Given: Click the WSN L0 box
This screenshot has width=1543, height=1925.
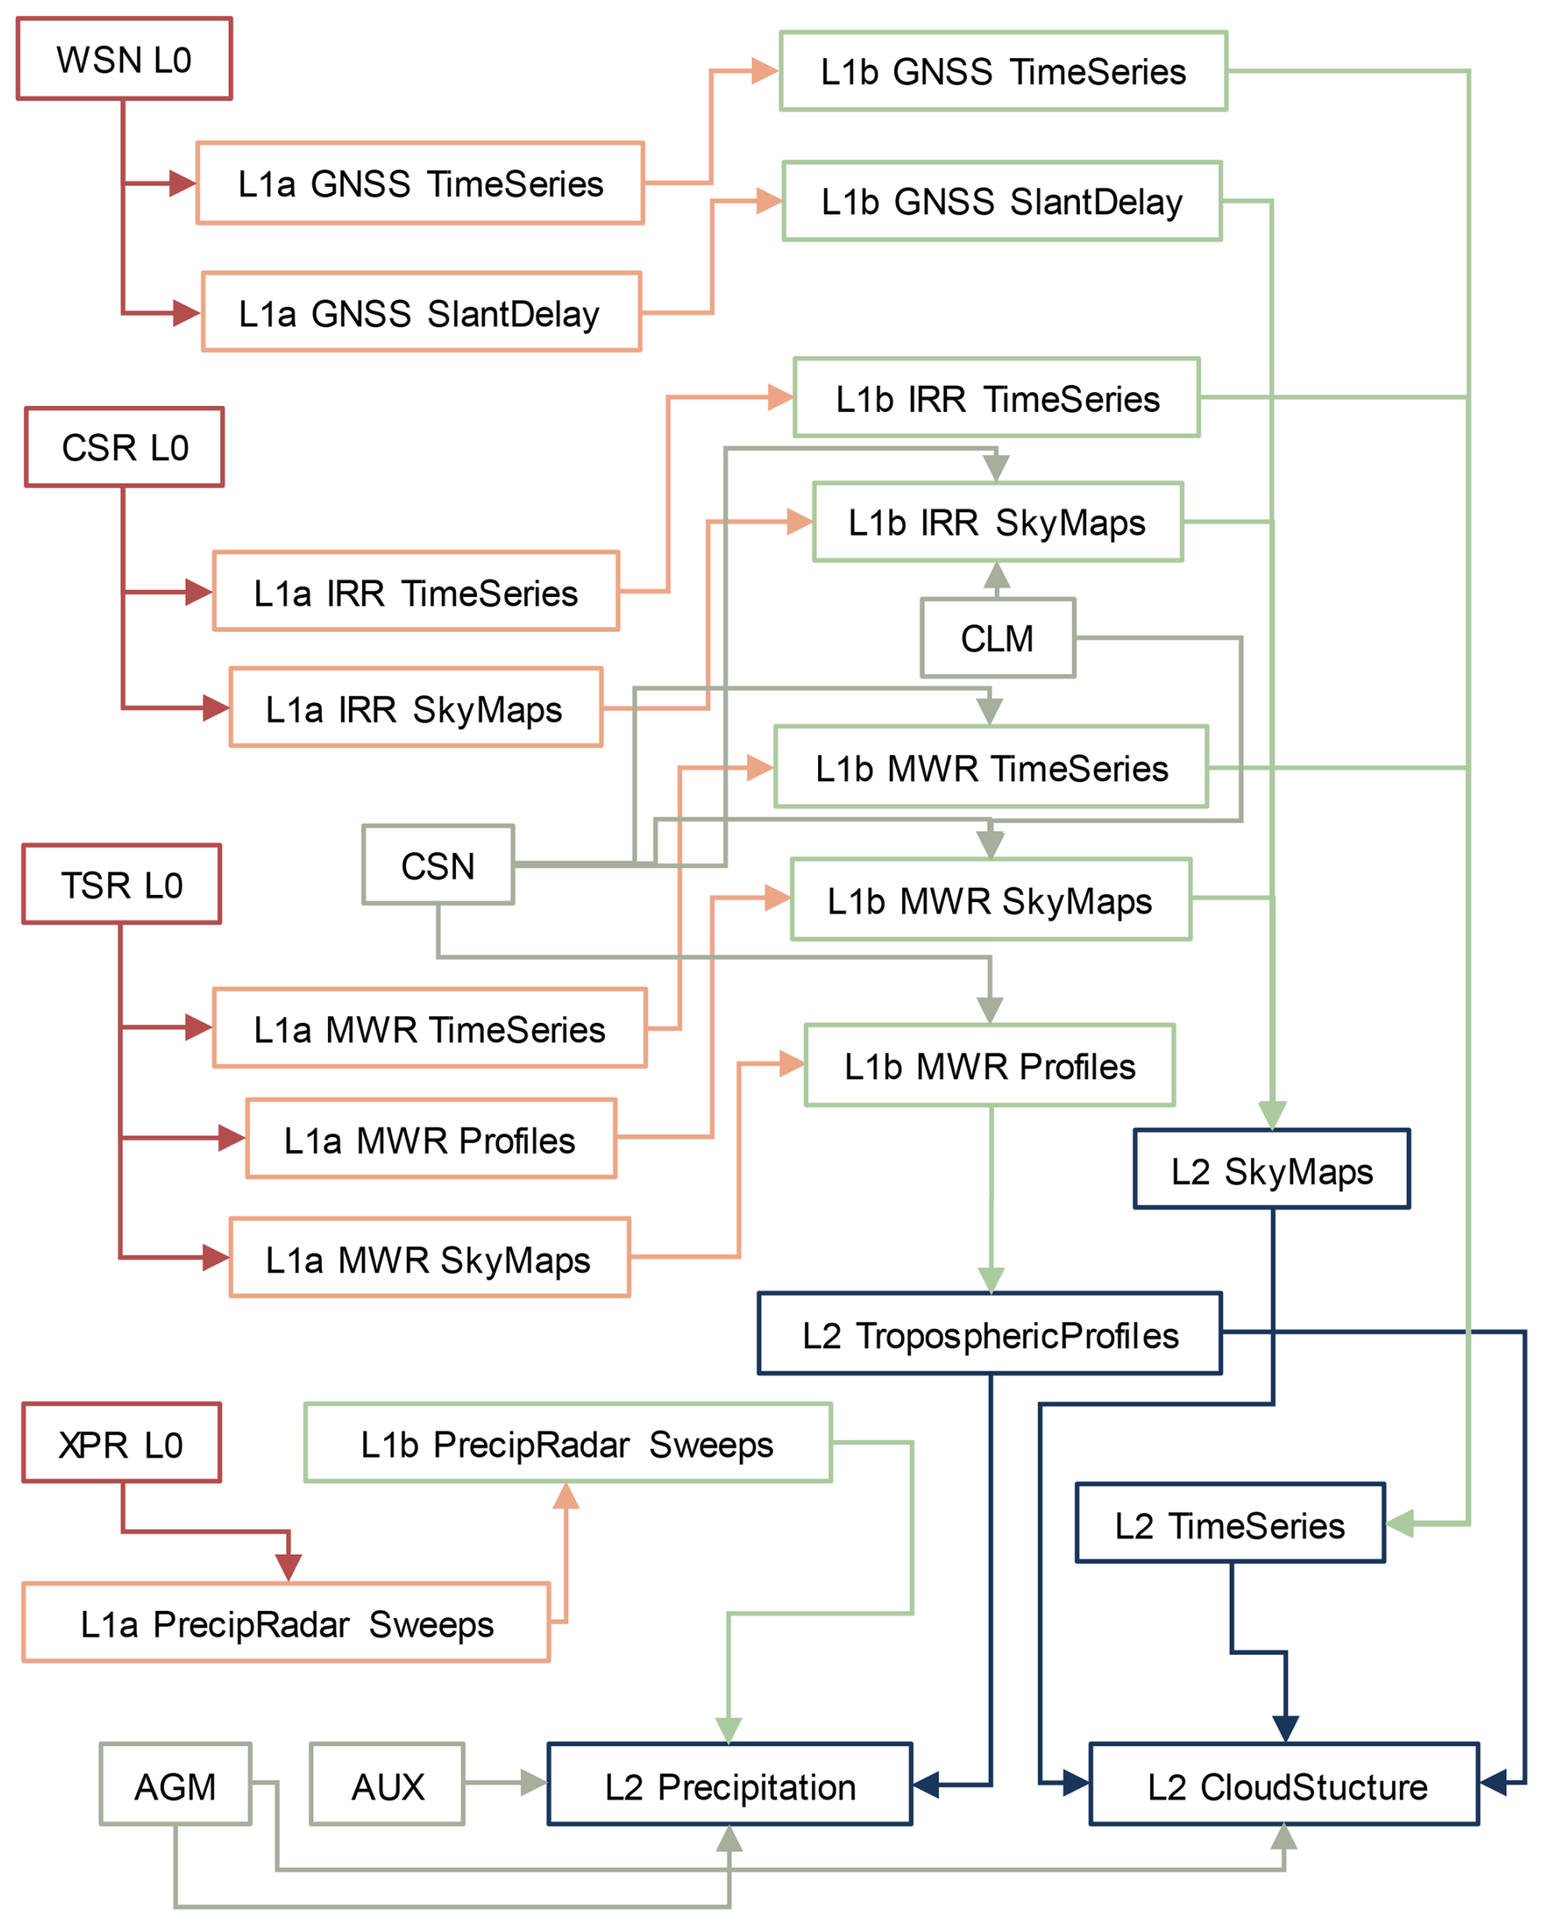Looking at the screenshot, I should point(124,59).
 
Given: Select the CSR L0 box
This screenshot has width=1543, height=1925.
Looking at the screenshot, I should point(124,447).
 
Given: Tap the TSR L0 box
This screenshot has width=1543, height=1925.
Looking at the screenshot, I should point(122,884).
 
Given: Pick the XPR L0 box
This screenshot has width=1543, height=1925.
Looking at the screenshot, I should point(122,1444).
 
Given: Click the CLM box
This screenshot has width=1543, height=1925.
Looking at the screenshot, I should point(997,639).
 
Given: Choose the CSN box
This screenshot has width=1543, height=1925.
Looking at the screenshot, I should point(438,865).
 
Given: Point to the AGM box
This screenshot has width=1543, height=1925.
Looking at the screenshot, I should point(175,1786).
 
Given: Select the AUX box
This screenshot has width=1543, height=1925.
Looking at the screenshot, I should point(387,1786).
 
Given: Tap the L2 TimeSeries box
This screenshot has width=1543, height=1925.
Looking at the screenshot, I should point(1230,1525).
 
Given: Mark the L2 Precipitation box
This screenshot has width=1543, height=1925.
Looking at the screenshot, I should point(730,1786).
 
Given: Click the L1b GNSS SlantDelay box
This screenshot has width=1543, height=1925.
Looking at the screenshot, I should point(1001,201).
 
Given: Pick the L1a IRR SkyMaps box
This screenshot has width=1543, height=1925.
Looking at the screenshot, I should point(415,708).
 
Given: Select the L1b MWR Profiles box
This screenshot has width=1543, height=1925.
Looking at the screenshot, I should point(989,1066).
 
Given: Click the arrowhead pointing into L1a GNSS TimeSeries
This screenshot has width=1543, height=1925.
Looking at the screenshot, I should point(182,183).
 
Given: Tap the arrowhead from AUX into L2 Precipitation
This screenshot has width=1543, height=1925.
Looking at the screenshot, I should point(534,1783).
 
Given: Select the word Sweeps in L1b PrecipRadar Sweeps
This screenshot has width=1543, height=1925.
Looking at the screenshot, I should point(711,1445).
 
